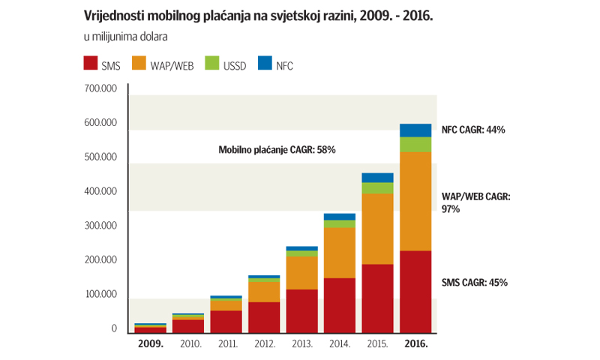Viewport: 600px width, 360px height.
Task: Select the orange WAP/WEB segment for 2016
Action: pos(415,201)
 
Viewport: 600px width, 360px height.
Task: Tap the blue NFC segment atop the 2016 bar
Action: pos(415,130)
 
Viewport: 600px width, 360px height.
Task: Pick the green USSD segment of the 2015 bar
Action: pos(377,187)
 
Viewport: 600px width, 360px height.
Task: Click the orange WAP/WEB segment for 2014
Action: pos(340,252)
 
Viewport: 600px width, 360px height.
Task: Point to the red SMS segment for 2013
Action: pos(302,310)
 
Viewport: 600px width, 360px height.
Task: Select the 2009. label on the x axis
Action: pos(151,345)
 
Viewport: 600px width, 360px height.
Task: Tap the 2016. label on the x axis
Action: pos(415,345)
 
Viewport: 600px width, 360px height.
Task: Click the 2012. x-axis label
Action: pos(264,345)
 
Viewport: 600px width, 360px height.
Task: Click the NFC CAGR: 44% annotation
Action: pos(473,130)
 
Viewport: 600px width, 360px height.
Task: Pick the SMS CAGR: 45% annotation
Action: pos(473,283)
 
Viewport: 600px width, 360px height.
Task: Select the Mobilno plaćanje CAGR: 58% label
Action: pos(277,150)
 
